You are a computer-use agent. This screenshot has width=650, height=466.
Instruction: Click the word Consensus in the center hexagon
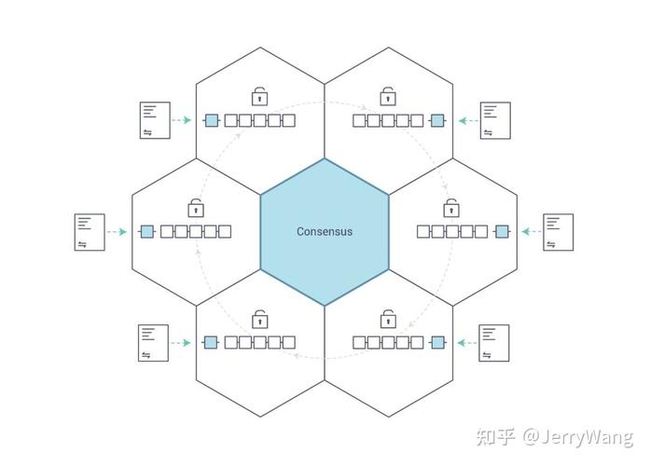[325, 231]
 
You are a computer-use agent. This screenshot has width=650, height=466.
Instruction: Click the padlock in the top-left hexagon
[260, 96]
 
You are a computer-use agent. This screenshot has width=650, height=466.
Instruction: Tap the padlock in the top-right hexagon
[388, 96]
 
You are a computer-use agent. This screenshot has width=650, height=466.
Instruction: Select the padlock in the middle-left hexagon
[196, 208]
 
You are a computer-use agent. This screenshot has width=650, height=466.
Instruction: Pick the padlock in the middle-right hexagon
[451, 208]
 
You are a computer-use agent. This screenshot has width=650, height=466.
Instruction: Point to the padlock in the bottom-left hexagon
[260, 319]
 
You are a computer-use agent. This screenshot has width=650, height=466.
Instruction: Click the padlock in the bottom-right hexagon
[388, 319]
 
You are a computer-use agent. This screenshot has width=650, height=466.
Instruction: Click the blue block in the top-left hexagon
[212, 120]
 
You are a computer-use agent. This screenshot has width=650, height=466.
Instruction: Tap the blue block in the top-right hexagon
[437, 120]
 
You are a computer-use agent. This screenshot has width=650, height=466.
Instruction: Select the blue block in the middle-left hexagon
[147, 231]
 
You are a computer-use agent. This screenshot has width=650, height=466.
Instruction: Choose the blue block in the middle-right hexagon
[502, 231]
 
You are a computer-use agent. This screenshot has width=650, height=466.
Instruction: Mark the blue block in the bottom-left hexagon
[211, 343]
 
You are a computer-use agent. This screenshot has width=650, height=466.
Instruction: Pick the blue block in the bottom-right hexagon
[437, 343]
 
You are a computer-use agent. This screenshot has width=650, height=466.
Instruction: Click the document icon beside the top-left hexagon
[155, 120]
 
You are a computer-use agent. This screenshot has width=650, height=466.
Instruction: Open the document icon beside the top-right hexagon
[495, 120]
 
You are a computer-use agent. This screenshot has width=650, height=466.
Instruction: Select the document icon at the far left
[90, 232]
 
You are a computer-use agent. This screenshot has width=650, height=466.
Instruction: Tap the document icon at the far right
[559, 232]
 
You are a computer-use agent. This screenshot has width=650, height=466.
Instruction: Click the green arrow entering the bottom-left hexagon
[181, 343]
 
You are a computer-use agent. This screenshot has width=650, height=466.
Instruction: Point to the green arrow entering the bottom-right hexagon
[467, 343]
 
